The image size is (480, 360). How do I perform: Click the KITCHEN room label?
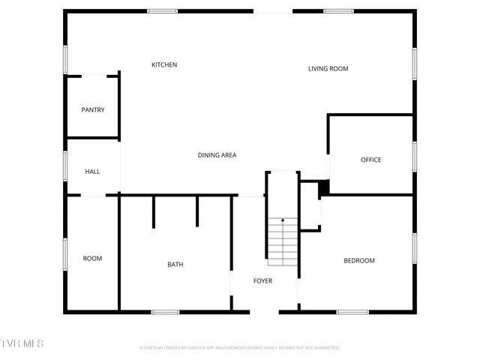(x=164, y=65)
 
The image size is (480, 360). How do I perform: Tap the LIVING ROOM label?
(x=328, y=69)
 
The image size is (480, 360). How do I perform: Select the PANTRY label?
(x=93, y=110)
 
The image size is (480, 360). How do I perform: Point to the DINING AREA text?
(x=217, y=155)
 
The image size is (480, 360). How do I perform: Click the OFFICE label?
(x=370, y=160)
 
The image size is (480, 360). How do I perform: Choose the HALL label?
(x=92, y=172)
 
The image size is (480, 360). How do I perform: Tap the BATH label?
(x=175, y=264)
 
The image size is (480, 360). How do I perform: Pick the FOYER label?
(x=262, y=281)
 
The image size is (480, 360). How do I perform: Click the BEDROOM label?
(x=358, y=260)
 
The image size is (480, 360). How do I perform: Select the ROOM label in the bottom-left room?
(x=92, y=259)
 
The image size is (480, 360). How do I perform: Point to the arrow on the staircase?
(x=283, y=220)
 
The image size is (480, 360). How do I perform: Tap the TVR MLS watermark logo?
(x=22, y=343)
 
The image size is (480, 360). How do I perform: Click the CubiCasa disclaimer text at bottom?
(x=239, y=348)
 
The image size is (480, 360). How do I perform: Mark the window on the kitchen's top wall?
(x=162, y=11)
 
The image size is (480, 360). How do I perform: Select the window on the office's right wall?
(x=413, y=156)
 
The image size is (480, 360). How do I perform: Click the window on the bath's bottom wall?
(x=165, y=311)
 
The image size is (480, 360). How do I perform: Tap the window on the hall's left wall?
(x=65, y=166)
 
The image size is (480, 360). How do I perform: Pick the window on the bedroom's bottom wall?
(x=352, y=311)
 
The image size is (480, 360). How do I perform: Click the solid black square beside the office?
(x=324, y=187)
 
